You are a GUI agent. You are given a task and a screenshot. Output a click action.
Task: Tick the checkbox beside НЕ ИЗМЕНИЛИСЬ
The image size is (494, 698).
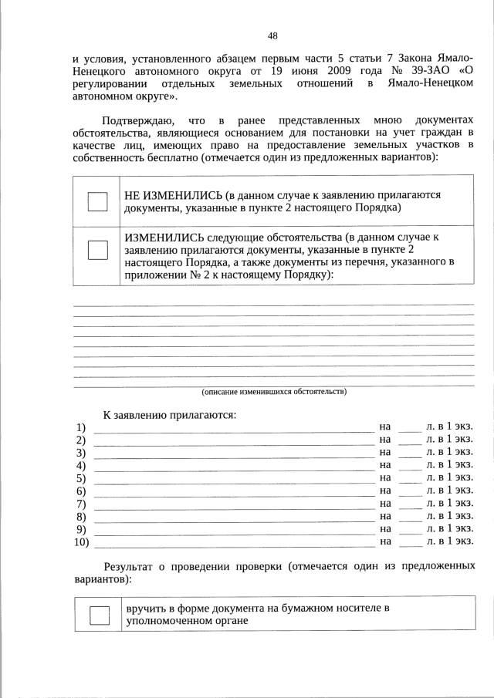97,201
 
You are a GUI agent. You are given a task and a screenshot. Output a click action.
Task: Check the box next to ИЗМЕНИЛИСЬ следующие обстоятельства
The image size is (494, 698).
97,251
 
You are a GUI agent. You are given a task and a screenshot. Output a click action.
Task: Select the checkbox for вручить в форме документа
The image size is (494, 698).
100,615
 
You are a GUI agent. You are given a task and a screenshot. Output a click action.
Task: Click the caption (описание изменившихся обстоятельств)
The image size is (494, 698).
273,392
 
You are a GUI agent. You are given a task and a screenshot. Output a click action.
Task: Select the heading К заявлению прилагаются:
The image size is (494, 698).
169,415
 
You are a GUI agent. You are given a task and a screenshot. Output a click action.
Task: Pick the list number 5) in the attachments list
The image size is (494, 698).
81,478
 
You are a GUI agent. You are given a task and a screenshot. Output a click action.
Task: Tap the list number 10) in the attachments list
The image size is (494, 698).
81,542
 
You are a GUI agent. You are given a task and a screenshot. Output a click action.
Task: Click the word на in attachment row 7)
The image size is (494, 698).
385,504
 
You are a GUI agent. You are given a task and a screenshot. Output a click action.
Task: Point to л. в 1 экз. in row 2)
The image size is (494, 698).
449,439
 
